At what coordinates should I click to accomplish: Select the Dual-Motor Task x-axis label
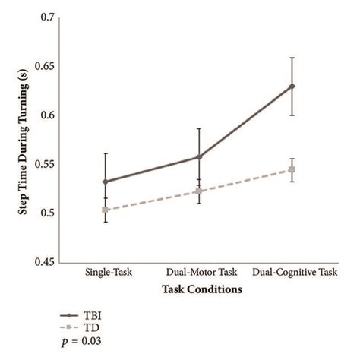[199, 272]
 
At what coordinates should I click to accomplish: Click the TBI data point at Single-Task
[106, 182]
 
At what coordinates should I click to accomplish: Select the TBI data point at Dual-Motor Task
[199, 156]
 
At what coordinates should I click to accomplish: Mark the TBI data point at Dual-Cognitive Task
[292, 86]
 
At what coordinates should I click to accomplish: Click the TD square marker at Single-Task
[106, 210]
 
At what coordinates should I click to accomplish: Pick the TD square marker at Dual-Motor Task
[199, 191]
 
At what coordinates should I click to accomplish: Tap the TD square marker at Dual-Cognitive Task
[292, 169]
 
